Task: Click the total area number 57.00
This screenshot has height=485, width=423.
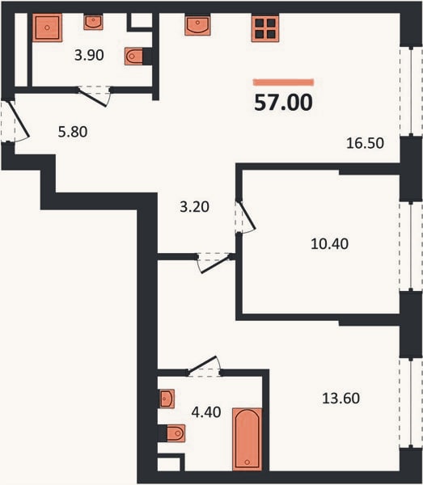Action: tap(283, 103)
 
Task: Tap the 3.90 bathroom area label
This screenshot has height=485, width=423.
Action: tap(89, 55)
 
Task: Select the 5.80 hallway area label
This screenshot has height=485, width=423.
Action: tap(73, 132)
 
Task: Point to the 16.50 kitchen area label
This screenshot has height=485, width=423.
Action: tap(365, 143)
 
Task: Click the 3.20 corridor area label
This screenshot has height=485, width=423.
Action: tap(195, 207)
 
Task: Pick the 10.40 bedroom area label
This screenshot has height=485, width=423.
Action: tap(329, 244)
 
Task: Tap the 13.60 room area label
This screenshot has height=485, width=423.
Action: tap(341, 399)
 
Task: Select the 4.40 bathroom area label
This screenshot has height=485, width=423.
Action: tap(206, 412)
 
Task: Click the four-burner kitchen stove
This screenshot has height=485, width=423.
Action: tap(265, 27)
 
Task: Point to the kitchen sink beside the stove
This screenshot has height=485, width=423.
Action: tap(197, 25)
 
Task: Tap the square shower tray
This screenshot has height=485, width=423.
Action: tap(47, 27)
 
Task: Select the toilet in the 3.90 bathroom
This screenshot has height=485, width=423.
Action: tap(134, 57)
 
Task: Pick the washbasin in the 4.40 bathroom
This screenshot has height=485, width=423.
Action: tap(167, 399)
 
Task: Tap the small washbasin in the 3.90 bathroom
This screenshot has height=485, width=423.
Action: tap(93, 22)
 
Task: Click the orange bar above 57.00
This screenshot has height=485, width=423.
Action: tap(283, 82)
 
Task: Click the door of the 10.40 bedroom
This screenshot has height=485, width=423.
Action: tap(246, 217)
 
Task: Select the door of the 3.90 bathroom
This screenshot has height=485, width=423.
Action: tap(94, 96)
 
